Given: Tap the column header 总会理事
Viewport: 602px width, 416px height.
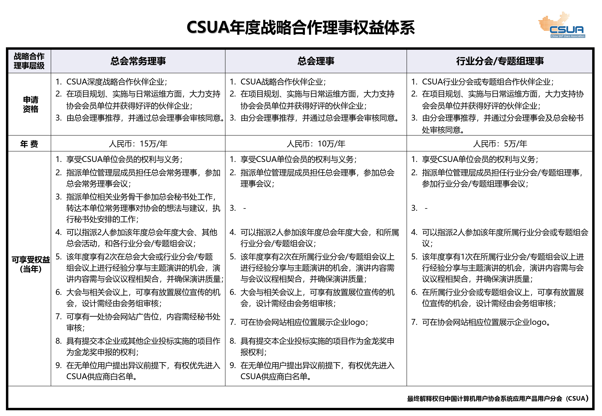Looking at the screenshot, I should point(316,61).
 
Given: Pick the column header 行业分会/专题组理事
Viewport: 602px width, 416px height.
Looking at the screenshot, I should point(500,61).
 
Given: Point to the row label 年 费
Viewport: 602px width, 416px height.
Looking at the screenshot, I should point(29,144).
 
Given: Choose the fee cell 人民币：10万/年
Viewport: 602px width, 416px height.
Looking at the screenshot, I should point(316,144).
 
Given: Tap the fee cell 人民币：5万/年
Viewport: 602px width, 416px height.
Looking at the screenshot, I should point(500,144).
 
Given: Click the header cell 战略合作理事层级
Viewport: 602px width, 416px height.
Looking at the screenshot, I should point(29,61).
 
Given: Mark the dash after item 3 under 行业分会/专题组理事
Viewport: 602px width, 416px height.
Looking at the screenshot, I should point(426,208).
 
